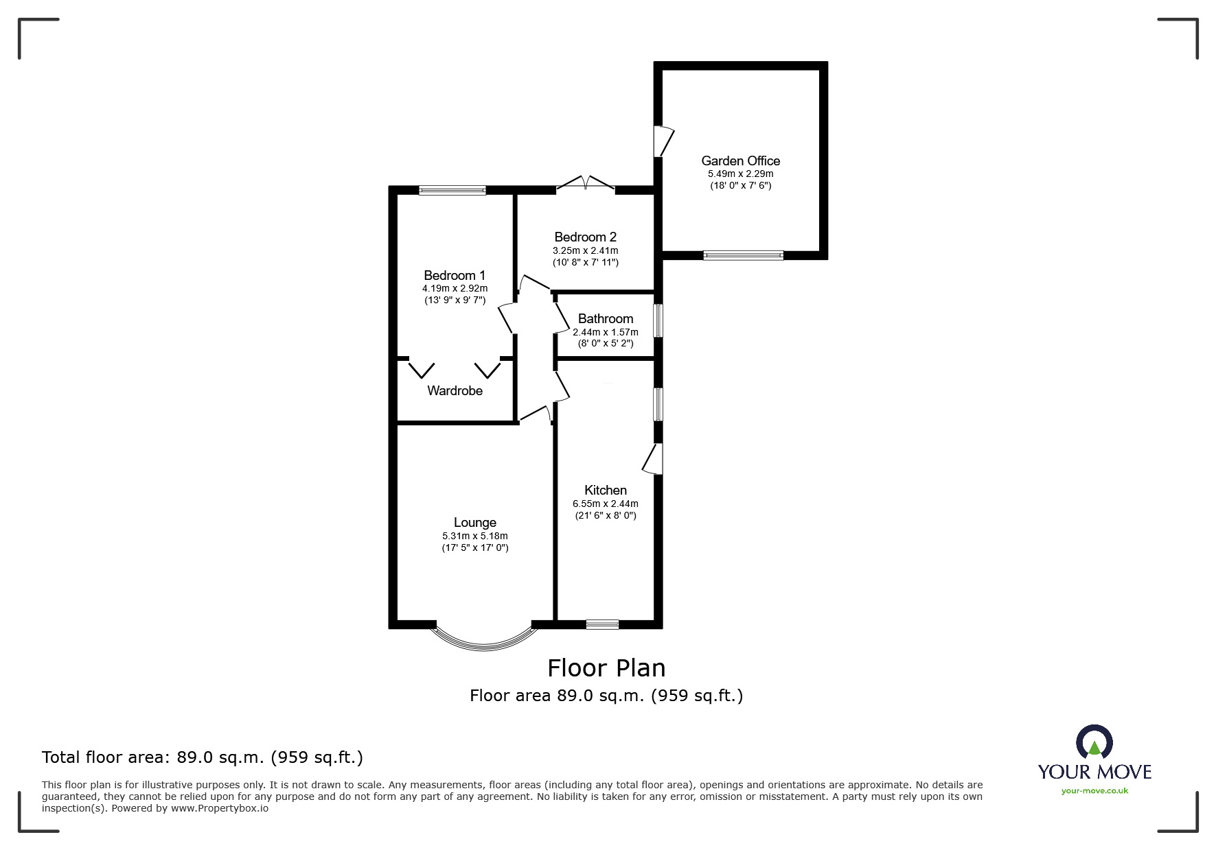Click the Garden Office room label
tap(740, 161)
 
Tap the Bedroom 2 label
tap(585, 237)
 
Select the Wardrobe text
tap(455, 390)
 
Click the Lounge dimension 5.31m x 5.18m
tap(474, 536)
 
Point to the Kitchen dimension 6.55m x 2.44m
tap(605, 504)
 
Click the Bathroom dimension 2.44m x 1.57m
tap(605, 332)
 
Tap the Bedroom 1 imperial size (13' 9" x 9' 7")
tap(455, 300)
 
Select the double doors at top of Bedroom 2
tap(585, 182)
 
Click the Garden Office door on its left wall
tap(663, 141)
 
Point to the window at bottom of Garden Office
tap(743, 255)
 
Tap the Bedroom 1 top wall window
tap(452, 190)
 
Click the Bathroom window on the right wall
tap(658, 320)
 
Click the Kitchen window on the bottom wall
tap(602, 624)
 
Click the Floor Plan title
tap(606, 668)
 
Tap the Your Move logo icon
tap(1094, 743)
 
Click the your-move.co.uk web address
tap(1094, 791)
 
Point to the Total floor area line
tap(203, 757)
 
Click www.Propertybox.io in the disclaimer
tap(220, 808)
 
